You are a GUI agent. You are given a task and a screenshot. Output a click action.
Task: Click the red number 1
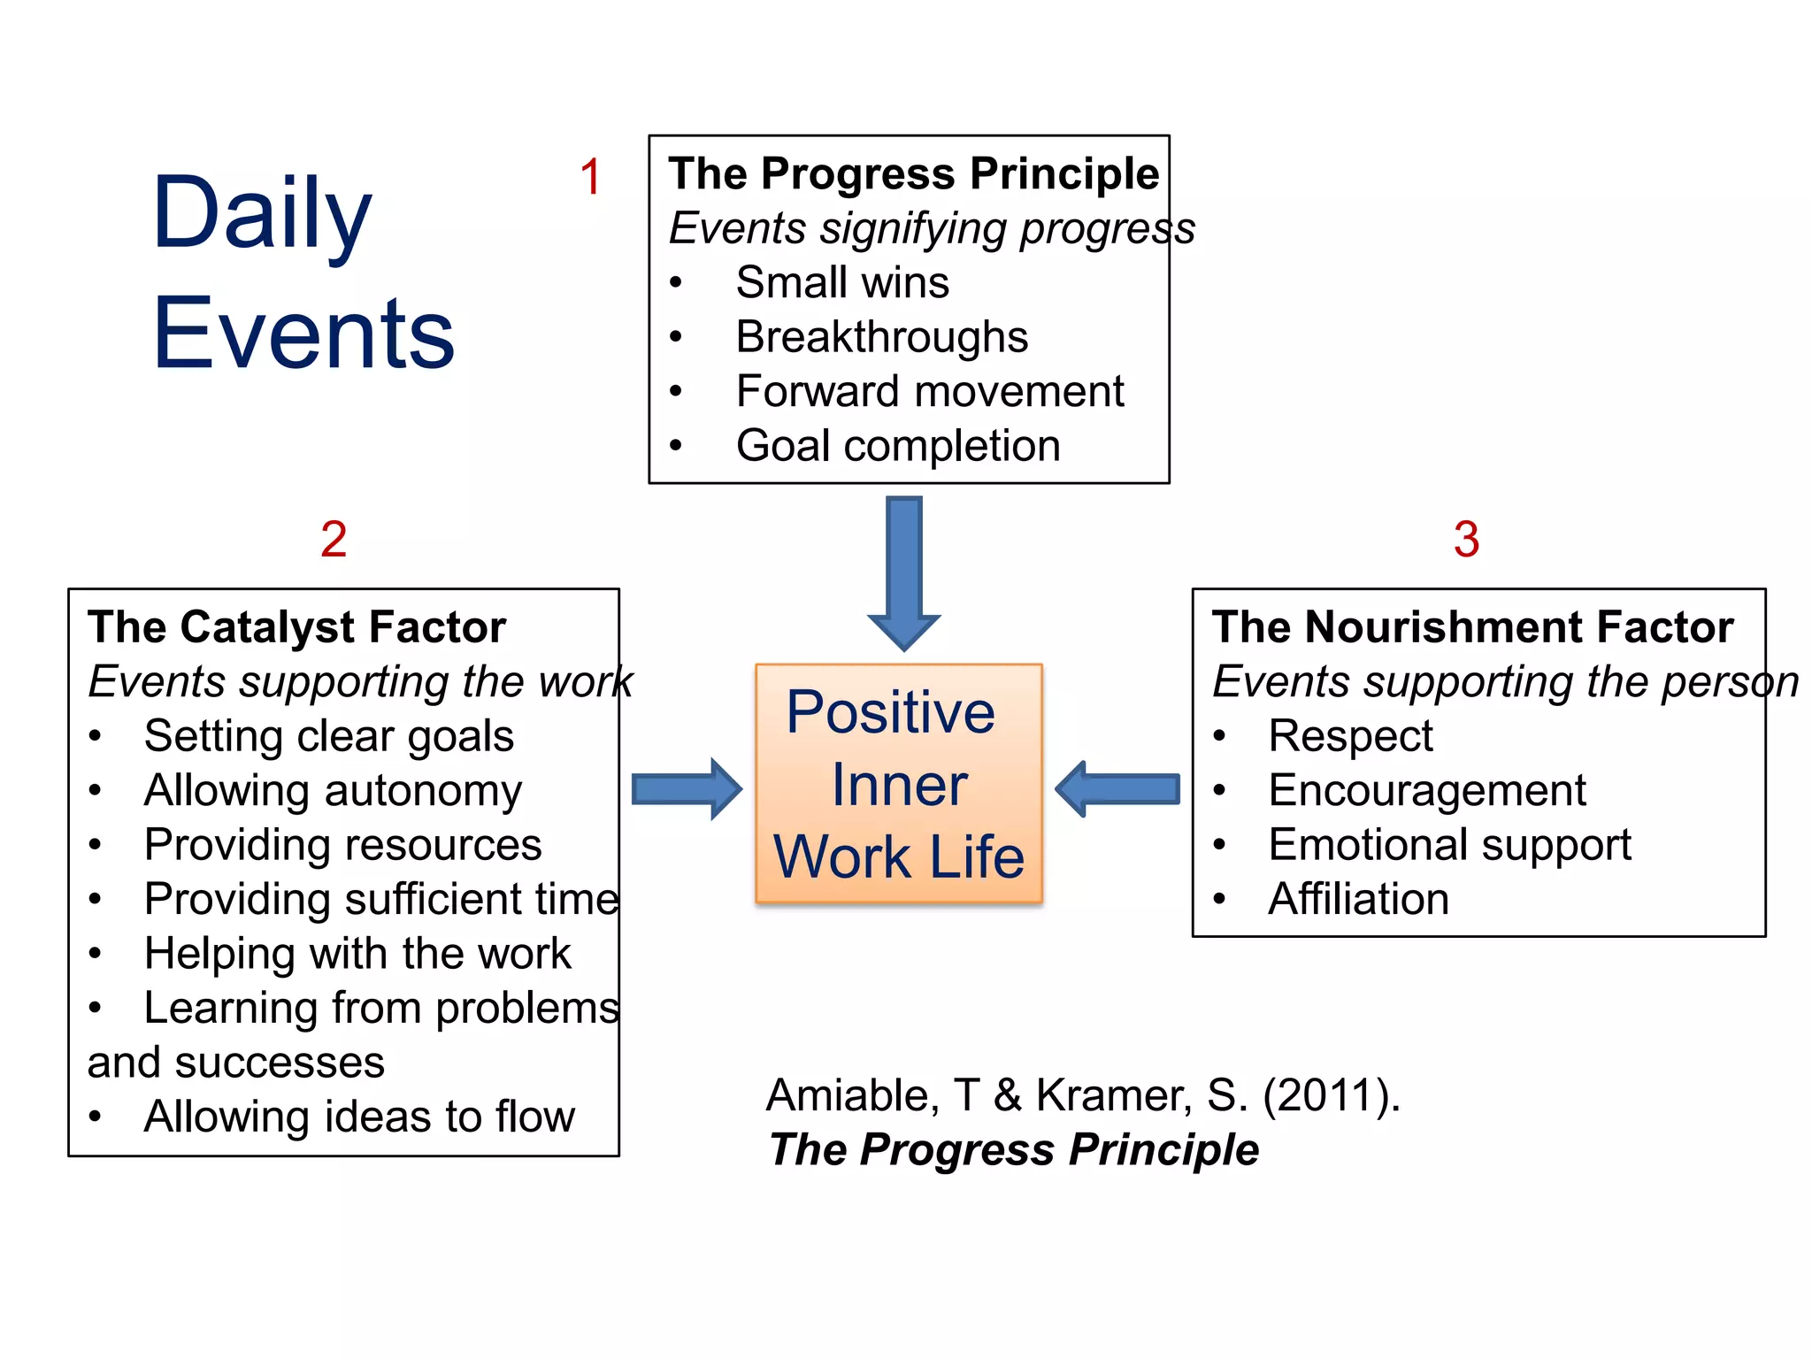(591, 177)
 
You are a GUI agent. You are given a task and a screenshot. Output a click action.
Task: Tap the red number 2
(334, 539)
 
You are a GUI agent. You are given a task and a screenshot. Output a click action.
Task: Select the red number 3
(1466, 539)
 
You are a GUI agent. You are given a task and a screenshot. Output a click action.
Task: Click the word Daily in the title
(262, 214)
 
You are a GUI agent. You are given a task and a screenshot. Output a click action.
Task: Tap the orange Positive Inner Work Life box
(899, 784)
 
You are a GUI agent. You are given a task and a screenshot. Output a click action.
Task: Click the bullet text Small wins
(841, 283)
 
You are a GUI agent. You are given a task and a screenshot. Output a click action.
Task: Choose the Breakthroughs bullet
(881, 337)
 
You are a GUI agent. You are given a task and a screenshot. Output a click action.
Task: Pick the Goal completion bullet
(897, 446)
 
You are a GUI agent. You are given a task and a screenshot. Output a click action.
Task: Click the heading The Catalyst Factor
(297, 627)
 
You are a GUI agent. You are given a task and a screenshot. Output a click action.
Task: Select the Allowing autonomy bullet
(333, 790)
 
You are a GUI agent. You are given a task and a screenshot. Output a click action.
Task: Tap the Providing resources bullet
(342, 845)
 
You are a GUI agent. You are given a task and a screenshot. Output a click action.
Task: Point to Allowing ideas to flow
(359, 1117)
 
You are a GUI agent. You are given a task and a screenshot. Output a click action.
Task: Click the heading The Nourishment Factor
(1472, 627)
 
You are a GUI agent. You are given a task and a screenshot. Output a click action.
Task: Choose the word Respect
(1349, 736)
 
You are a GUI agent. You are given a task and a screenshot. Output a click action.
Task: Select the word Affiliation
(1358, 899)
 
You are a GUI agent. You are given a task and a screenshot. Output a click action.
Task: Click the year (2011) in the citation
(1330, 1095)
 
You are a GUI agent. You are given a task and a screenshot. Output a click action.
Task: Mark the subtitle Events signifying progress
(931, 228)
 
